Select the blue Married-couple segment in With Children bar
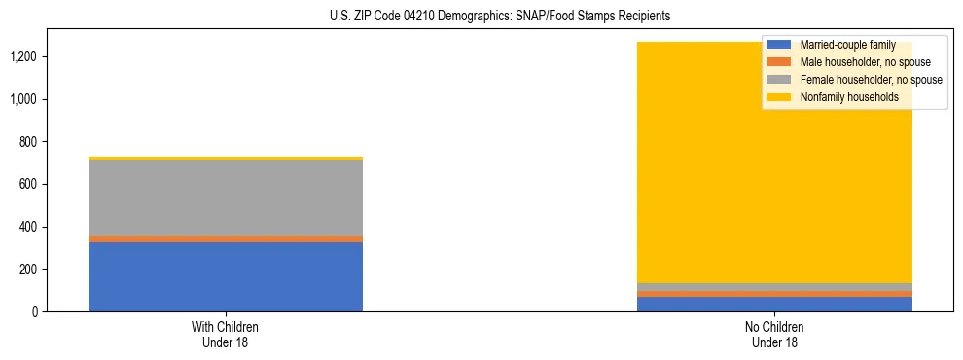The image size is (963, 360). (x=226, y=276)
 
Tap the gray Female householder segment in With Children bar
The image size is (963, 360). (x=226, y=198)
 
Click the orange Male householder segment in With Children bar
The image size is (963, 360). (x=226, y=238)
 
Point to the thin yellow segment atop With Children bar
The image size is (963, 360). (x=226, y=158)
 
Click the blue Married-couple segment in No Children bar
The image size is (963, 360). (x=775, y=304)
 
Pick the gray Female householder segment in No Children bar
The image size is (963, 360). (x=775, y=286)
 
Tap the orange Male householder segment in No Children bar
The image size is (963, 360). (x=775, y=293)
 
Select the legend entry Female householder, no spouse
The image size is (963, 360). (x=870, y=80)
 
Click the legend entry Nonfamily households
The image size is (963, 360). (x=848, y=97)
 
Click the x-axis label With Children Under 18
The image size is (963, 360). (x=226, y=335)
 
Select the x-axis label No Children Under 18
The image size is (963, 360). (x=775, y=335)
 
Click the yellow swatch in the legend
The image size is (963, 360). (x=779, y=97)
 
